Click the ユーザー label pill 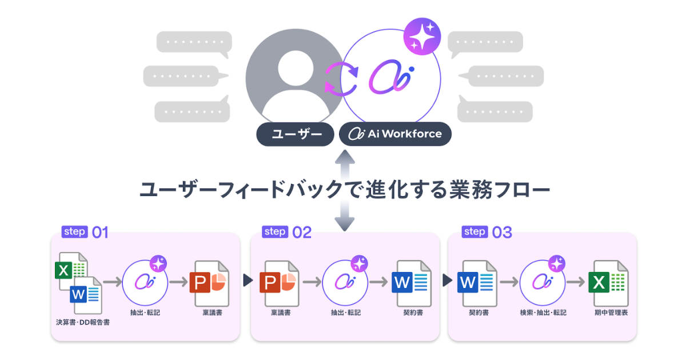pos(294,134)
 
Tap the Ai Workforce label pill pos(395,134)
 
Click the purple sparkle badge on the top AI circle pos(422,37)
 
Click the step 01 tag pos(74,231)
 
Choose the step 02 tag pos(275,231)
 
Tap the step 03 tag pos(475,231)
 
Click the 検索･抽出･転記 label pos(543,313)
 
